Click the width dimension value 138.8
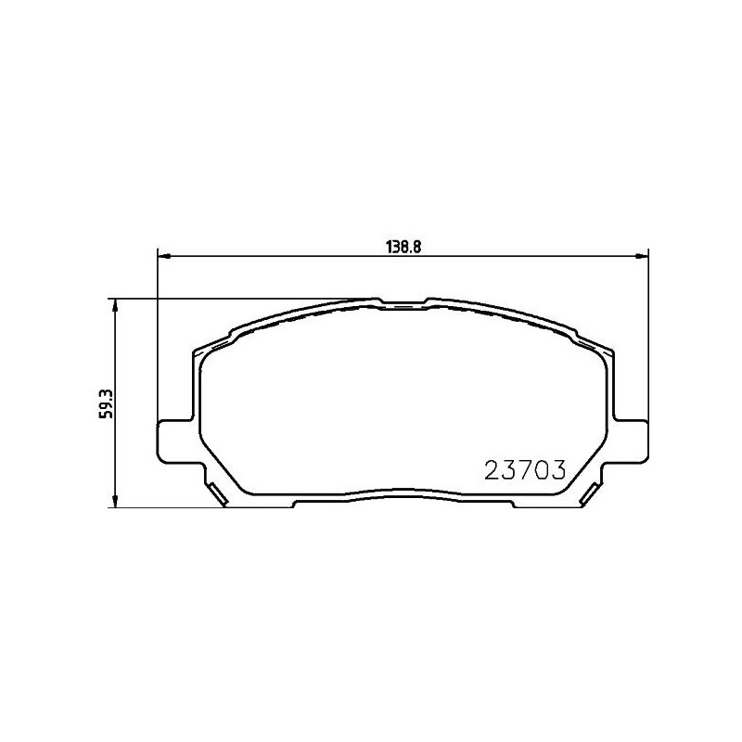(403, 248)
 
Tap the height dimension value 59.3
(107, 403)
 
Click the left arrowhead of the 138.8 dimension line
(162, 256)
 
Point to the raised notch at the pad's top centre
(403, 302)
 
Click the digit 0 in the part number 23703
(542, 471)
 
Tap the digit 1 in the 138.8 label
(390, 248)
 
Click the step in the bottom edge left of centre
(294, 502)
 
